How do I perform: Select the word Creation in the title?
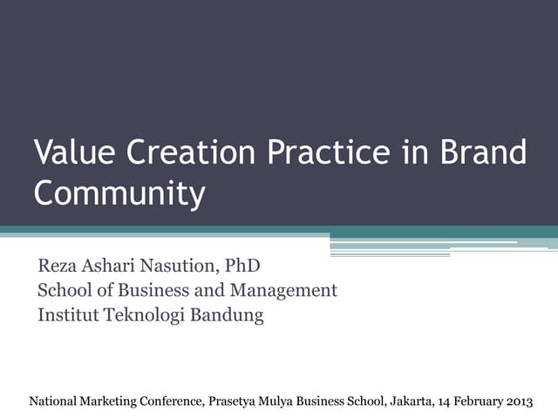point(190,152)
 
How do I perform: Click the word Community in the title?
point(119,193)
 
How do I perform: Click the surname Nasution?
point(180,265)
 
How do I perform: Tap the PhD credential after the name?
point(243,265)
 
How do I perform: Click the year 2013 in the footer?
point(516,401)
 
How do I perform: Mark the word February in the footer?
point(471,401)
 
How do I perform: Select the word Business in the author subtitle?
point(142,290)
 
